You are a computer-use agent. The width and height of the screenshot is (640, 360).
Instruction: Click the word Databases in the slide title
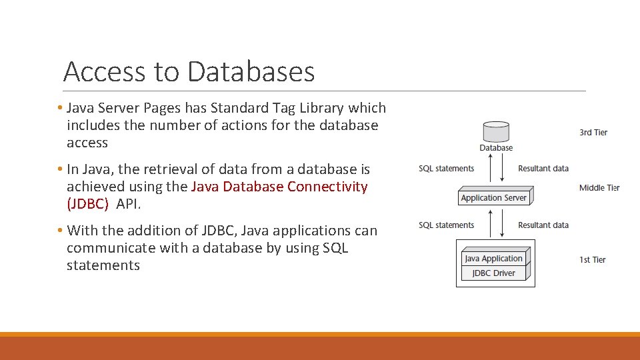tap(251, 71)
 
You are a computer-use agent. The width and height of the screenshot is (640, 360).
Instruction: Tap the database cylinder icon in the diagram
tap(496, 131)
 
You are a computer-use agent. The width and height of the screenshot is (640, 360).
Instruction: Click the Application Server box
tap(494, 197)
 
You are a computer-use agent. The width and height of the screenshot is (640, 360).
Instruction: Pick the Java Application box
tap(493, 259)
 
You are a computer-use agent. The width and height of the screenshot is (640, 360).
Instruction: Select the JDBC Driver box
tap(493, 273)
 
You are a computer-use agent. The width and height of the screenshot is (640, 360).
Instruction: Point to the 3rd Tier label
tap(593, 133)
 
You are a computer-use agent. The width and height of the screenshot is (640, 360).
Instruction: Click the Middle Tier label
tap(599, 188)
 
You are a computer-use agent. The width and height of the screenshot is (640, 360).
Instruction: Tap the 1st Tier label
tap(592, 259)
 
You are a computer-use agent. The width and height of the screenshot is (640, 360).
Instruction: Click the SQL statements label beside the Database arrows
tap(446, 169)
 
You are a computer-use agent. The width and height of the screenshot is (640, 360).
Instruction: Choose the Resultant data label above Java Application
tap(543, 225)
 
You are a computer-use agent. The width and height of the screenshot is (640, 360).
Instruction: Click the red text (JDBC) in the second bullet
tap(87, 204)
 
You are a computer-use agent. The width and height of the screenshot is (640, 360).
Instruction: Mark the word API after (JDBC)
tap(127, 204)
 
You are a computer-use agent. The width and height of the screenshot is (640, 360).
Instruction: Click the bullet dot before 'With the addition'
tap(60, 231)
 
